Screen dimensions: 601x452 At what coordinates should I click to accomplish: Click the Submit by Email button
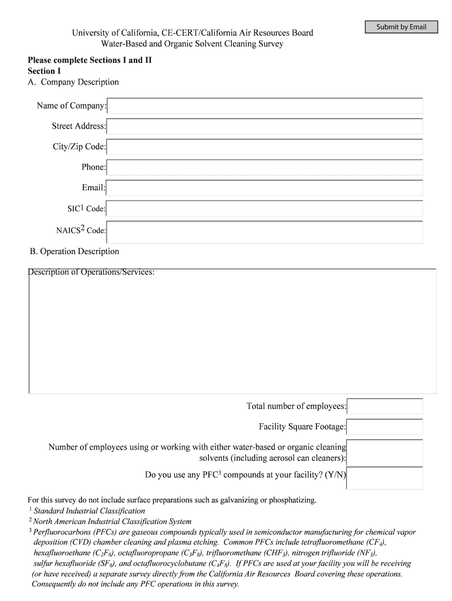[401, 27]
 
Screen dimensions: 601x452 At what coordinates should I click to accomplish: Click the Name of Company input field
[265, 106]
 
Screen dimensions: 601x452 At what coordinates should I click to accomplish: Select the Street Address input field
[265, 126]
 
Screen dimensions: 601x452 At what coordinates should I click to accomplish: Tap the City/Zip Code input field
[265, 147]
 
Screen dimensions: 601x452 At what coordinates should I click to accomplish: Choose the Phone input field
[265, 167]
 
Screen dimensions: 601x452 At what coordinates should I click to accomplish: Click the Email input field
[265, 188]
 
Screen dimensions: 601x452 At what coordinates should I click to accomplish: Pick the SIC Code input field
[265, 208]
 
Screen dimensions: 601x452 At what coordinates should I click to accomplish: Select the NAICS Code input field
[265, 231]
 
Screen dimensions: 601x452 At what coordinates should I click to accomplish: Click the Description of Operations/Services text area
[232, 335]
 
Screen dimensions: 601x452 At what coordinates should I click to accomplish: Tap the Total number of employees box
[385, 406]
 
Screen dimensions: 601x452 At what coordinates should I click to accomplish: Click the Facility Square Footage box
[385, 427]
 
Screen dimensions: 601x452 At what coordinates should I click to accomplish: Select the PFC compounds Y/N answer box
[385, 478]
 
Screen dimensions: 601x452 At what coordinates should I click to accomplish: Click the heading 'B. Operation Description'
[75, 251]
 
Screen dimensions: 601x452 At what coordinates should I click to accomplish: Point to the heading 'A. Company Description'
[73, 82]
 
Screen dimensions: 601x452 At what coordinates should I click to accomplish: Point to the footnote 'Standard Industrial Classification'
[89, 511]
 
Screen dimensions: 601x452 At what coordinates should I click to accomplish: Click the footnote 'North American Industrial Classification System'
[112, 522]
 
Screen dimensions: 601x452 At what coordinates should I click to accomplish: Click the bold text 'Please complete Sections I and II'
[90, 60]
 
